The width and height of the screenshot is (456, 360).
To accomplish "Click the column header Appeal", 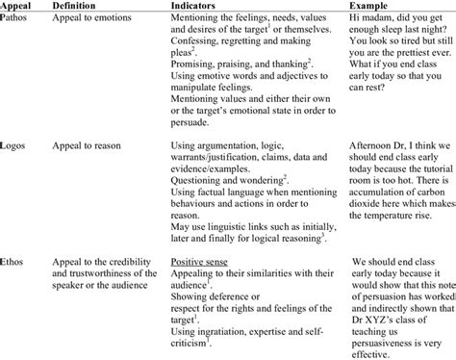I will tap(19, 6).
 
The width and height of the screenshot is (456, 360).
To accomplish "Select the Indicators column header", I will tap(197, 6).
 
